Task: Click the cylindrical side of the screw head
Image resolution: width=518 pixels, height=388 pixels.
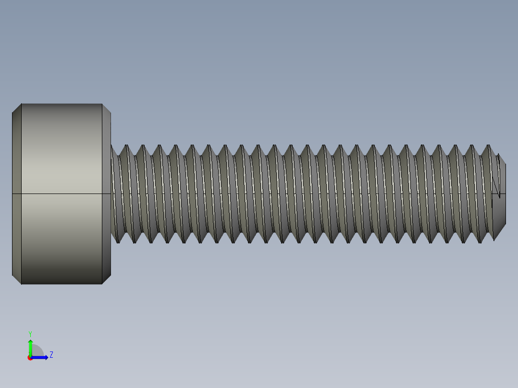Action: (62, 154)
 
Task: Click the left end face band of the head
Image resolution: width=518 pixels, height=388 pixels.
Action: (16, 192)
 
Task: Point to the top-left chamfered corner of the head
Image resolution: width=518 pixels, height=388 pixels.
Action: (16, 109)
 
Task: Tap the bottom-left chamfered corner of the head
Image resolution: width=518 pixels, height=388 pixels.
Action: (16, 279)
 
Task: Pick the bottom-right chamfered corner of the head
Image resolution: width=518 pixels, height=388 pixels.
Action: (106, 279)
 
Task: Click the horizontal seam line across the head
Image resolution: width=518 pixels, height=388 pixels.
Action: (62, 194)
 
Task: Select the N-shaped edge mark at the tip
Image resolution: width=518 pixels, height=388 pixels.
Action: (497, 187)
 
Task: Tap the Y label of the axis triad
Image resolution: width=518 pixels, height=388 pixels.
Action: (30, 333)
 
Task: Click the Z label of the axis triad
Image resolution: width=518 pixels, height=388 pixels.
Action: (51, 355)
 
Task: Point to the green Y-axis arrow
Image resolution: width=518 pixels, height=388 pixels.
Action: (30, 347)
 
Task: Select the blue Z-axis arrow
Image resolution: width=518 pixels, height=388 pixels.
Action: (40, 357)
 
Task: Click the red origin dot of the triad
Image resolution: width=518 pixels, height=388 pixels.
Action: (30, 358)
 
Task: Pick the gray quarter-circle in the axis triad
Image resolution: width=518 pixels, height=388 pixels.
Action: (37, 352)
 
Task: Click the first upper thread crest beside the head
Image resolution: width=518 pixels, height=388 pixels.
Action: (127, 146)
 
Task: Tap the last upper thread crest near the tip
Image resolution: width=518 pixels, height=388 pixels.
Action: (489, 146)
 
